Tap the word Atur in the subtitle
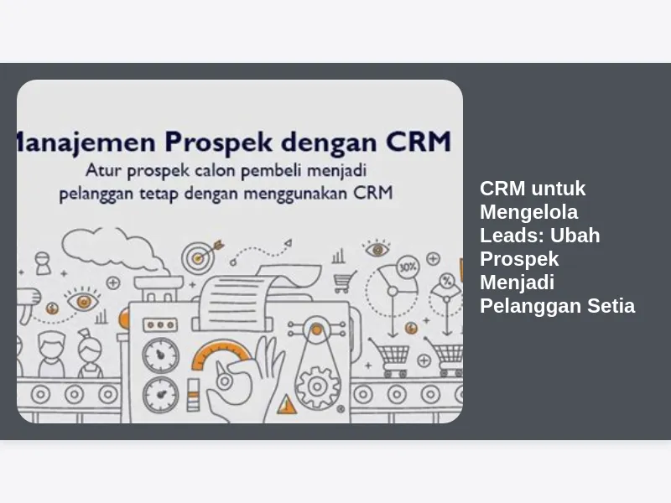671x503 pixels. coord(103,170)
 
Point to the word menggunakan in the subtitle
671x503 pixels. coord(295,194)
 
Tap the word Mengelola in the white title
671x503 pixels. coord(529,212)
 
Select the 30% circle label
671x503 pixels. coord(408,267)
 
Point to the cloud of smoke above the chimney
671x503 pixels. coord(112,250)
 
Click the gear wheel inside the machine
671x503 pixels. coord(317,386)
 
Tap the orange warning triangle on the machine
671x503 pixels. coord(287,405)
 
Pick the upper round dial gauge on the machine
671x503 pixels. coord(160,355)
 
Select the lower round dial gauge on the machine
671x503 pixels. coord(160,395)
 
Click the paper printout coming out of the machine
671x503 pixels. coord(256,295)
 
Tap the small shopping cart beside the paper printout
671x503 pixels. coord(345,282)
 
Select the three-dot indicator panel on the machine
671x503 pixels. coord(160,325)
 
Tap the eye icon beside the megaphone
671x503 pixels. coord(83,301)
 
